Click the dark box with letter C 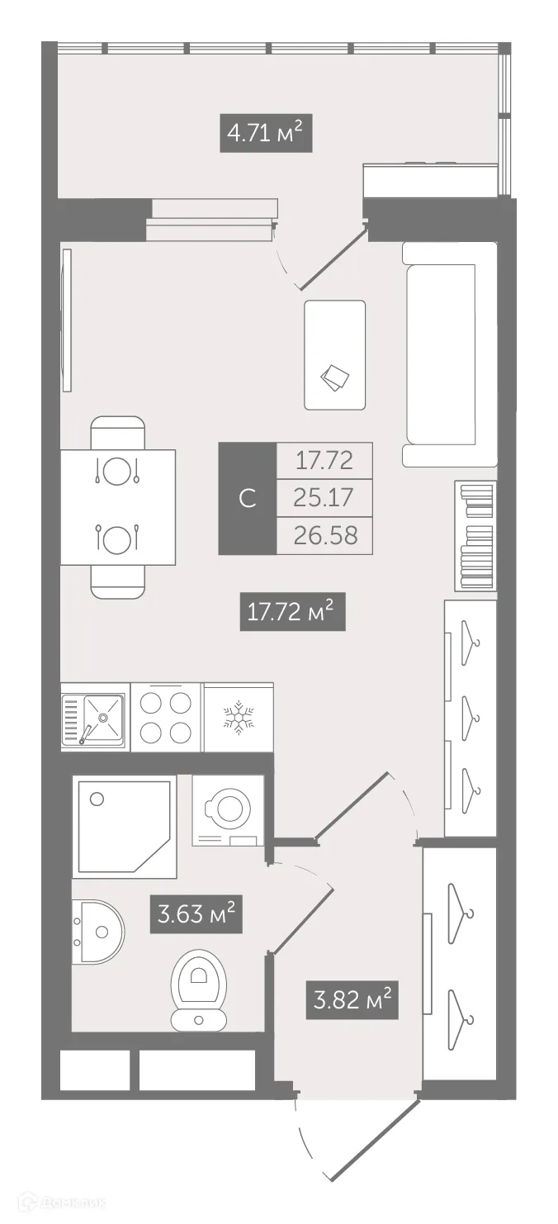click(246, 499)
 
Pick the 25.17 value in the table click(324, 498)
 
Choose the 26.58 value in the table click(324, 535)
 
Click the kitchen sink click(94, 716)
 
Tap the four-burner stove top click(167, 716)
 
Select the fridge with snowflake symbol click(238, 716)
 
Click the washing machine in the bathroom click(228, 810)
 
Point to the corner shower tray click(124, 826)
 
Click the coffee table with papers click(334, 354)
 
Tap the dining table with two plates click(118, 507)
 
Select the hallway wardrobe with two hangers click(459, 962)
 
